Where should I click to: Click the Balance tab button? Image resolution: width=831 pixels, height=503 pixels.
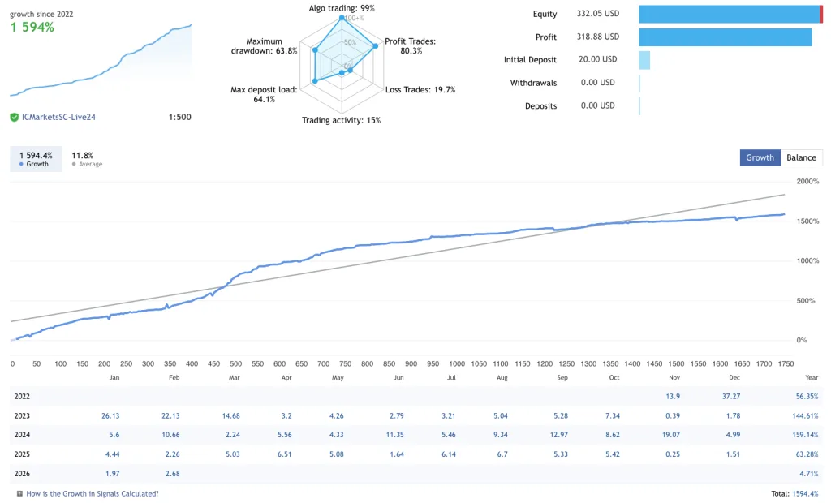[801, 157]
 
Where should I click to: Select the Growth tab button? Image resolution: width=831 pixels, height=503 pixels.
[760, 157]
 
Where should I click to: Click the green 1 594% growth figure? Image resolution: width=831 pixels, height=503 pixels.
[32, 28]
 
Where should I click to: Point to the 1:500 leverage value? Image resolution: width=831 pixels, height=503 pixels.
[179, 118]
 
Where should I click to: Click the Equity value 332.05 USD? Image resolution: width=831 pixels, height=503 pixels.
[597, 14]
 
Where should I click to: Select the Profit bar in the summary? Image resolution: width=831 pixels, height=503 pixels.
[725, 37]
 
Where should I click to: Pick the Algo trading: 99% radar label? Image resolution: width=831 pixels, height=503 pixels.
[342, 8]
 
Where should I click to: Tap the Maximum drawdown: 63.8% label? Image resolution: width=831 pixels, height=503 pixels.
[265, 45]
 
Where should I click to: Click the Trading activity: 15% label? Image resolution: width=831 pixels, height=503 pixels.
[341, 120]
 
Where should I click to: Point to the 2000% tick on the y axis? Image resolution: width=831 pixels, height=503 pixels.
[808, 181]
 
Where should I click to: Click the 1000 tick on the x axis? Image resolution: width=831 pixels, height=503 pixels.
[457, 364]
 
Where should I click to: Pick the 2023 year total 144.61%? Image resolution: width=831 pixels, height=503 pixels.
[802, 415]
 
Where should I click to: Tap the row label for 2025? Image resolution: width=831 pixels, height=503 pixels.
[23, 454]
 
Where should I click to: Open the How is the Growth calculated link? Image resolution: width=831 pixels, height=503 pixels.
[92, 493]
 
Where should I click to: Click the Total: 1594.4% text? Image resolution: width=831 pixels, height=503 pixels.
[794, 493]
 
